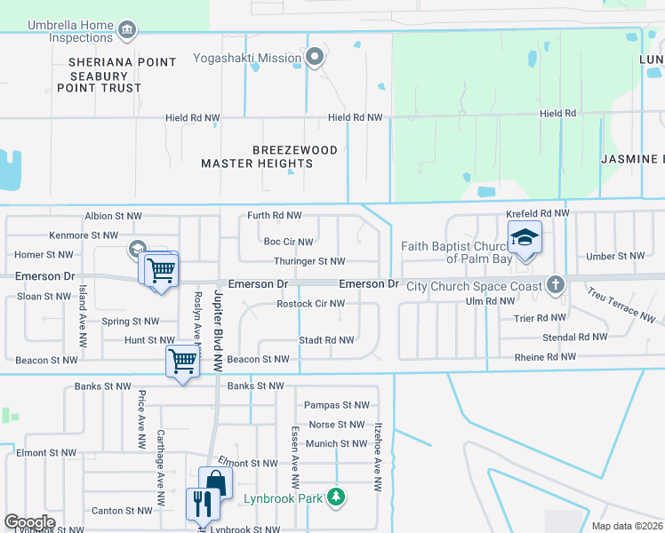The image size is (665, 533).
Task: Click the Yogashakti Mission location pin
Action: tap(314, 59)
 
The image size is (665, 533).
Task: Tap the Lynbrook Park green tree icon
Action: tap(336, 498)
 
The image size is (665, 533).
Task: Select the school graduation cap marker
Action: tap(525, 237)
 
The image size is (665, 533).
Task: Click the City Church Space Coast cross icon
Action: tap(556, 285)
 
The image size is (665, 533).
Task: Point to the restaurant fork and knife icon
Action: tap(201, 505)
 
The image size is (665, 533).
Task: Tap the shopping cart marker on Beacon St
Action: tap(181, 361)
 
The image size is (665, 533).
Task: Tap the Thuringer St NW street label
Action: tap(309, 262)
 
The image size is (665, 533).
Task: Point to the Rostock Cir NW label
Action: tap(310, 304)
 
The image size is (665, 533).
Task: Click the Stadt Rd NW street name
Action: tap(326, 340)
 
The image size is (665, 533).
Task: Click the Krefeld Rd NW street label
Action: tap(537, 214)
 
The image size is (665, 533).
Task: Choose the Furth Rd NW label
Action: tap(274, 216)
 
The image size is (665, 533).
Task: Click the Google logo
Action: tap(29, 522)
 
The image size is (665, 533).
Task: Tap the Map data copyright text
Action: tap(627, 526)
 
